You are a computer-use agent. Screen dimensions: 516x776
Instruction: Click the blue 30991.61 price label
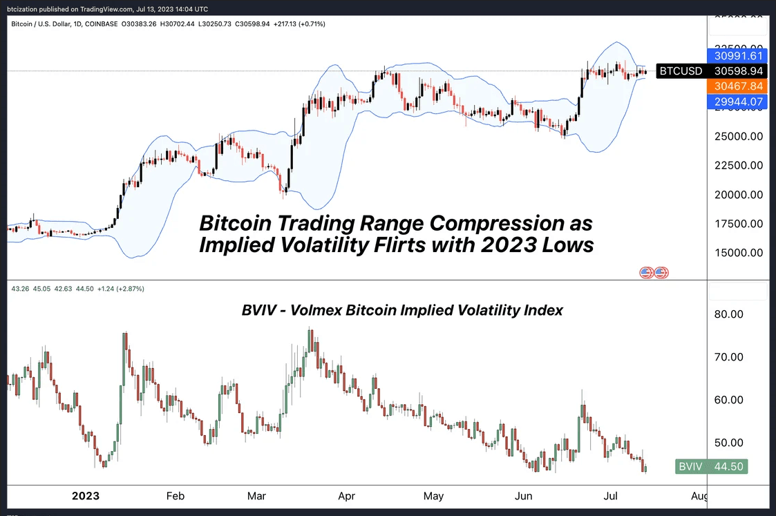coord(738,56)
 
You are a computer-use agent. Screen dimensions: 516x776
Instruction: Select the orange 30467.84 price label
coord(738,86)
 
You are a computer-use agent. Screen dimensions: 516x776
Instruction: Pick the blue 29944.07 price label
coord(738,102)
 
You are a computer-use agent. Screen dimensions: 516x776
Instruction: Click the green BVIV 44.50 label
coord(712,467)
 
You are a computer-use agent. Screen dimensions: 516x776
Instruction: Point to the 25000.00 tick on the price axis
coord(739,136)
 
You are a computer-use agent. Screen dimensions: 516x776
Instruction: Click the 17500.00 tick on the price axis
coord(739,224)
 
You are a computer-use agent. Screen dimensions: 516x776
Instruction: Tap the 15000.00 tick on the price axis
coord(739,253)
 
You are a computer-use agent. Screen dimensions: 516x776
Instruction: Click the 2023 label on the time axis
coord(86,496)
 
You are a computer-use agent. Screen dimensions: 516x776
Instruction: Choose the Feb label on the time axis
coord(175,496)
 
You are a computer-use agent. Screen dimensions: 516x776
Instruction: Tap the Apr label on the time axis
coord(346,496)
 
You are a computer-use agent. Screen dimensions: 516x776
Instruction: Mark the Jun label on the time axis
coord(524,496)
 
